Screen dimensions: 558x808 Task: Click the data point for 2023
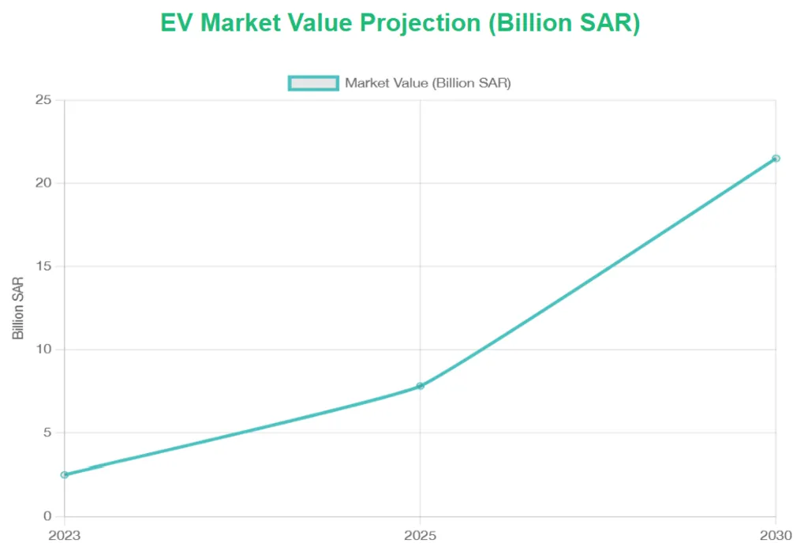tap(64, 474)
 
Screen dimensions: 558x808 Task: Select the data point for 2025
tap(420, 386)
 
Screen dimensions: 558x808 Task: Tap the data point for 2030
tap(776, 158)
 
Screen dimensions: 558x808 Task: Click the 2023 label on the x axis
tap(64, 535)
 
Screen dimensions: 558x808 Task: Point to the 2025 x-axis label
tap(420, 535)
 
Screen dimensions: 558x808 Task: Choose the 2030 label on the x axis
tap(776, 535)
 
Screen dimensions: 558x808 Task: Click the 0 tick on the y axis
tap(47, 516)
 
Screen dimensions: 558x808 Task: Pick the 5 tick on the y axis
tap(47, 433)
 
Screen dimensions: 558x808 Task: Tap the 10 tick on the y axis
tap(44, 349)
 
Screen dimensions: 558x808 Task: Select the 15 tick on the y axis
tap(44, 266)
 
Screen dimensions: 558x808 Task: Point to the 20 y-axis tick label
tap(44, 182)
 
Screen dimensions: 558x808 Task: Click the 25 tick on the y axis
tap(44, 99)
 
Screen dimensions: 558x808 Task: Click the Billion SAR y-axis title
tap(18, 308)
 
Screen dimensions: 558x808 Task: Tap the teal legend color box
tap(313, 83)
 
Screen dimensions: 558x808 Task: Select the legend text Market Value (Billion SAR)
tap(428, 83)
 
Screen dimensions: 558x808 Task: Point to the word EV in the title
tap(177, 23)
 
